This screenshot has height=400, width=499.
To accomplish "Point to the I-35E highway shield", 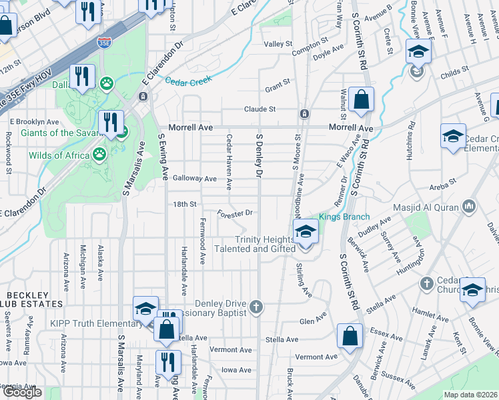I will [x=104, y=43].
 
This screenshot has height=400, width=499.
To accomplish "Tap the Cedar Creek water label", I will [x=189, y=81].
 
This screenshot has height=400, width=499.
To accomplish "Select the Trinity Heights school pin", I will [x=306, y=233].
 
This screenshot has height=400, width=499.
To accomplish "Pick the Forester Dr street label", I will [x=235, y=214].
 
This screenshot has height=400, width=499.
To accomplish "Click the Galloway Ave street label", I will [x=195, y=179].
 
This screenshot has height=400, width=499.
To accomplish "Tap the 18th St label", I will [x=184, y=204].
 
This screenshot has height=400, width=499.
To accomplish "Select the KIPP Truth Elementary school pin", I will [x=145, y=308].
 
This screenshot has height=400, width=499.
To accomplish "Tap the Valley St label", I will [x=278, y=44].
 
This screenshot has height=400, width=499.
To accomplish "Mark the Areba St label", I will [x=442, y=181].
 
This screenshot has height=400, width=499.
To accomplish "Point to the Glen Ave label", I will [x=313, y=321].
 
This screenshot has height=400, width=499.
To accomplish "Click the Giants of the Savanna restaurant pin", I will [x=110, y=123].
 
